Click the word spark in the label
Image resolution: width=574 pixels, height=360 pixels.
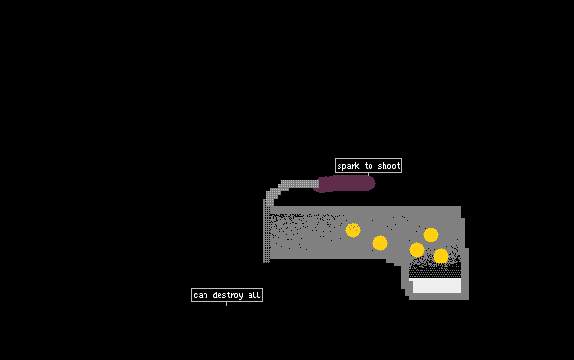pos(348,166)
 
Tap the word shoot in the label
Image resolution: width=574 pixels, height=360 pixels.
pos(389,166)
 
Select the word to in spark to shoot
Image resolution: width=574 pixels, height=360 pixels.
pos(369,166)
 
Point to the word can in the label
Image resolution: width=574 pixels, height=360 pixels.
pos(201,295)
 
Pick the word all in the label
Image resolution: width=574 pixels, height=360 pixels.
pos(254,295)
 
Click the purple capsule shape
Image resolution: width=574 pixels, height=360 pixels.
pos(344,184)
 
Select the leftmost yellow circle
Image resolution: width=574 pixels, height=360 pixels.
pos(353,230)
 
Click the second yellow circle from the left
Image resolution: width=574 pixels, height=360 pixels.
pos(380,244)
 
